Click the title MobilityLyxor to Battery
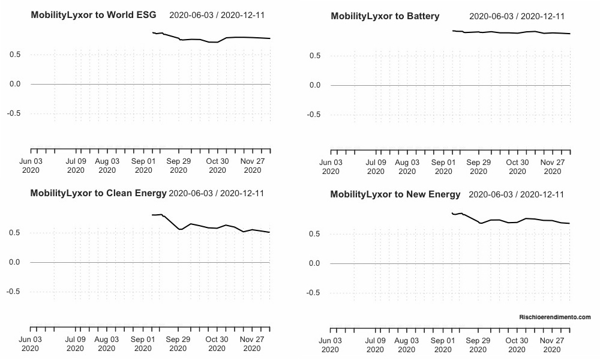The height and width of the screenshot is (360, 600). [x=385, y=16]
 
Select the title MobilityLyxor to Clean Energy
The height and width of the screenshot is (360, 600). [x=98, y=193]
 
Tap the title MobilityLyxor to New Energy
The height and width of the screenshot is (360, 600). [x=395, y=194]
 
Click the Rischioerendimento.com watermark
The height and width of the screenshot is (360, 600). [x=555, y=317]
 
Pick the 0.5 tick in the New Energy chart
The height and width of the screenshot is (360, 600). [x=315, y=233]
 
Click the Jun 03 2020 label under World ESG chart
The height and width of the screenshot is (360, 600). [x=31, y=166]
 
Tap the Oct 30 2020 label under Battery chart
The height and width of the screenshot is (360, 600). [x=517, y=167]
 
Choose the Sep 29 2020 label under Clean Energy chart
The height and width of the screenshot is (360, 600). [x=178, y=344]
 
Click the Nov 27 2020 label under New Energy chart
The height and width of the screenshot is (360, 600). [x=551, y=345]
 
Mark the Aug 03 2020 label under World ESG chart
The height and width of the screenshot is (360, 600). [x=107, y=166]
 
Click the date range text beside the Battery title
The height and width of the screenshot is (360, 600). [x=517, y=16]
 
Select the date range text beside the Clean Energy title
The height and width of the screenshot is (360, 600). [x=217, y=193]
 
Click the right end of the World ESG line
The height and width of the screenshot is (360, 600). [x=270, y=38]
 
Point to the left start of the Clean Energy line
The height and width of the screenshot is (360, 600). [x=152, y=215]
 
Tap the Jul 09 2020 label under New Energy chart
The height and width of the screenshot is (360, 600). [x=376, y=345]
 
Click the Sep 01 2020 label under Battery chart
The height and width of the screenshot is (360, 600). [x=443, y=167]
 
